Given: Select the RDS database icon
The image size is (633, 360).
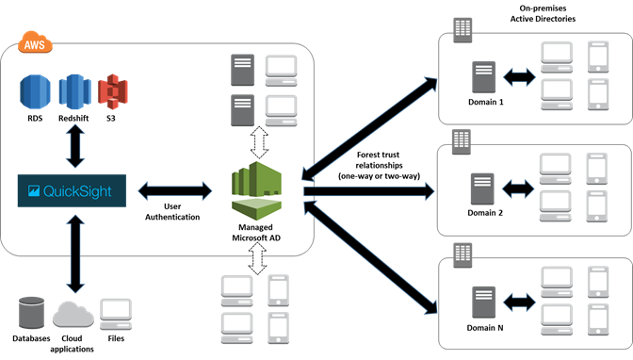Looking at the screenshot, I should (x=34, y=91).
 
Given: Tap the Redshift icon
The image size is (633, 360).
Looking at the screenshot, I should (x=74, y=91).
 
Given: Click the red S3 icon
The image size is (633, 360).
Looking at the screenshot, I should (x=113, y=90).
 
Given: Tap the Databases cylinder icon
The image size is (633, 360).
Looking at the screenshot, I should (x=31, y=311).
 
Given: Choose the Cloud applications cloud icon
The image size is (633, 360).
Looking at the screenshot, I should (x=73, y=312).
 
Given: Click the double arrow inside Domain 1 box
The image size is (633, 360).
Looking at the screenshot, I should (x=518, y=74).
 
